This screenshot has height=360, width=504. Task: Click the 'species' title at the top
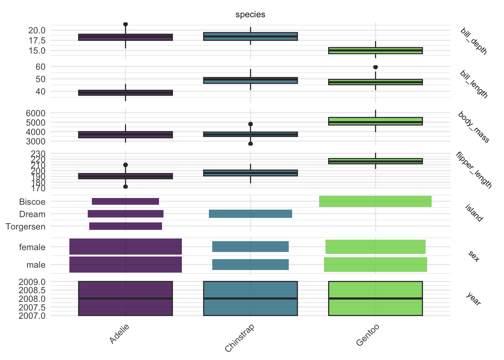250,15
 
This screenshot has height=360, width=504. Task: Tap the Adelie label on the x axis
119,334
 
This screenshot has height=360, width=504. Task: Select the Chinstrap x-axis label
240,338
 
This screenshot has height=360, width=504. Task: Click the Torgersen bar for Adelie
126,226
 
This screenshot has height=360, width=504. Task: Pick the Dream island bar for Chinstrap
250,214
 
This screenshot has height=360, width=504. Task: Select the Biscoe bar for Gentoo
375,201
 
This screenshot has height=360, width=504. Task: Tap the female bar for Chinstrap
250,247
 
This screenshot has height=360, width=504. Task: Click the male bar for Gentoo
375,264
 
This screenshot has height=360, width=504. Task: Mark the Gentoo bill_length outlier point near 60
375,67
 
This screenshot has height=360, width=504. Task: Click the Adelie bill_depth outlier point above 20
125,24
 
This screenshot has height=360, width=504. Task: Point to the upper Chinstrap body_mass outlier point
250,124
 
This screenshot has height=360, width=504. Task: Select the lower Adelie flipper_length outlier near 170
125,186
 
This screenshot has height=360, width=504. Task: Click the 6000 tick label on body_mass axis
36,113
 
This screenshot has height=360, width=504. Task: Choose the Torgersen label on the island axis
25,226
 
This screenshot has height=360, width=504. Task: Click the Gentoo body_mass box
375,121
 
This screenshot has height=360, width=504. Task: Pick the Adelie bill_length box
126,93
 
